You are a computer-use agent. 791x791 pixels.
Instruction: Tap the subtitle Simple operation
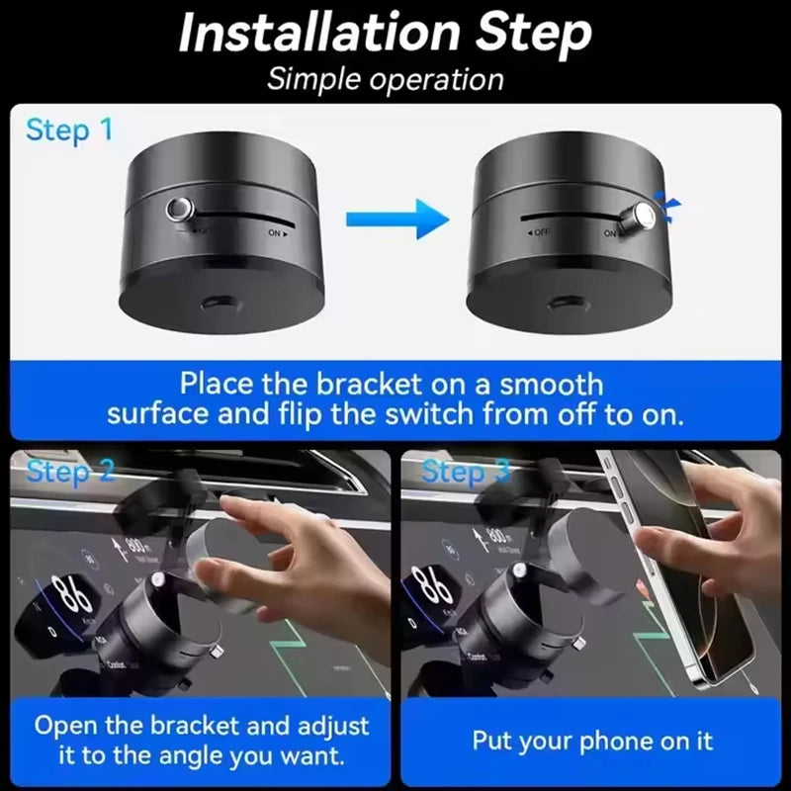[386, 79]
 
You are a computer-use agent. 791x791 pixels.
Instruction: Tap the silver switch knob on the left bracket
[180, 210]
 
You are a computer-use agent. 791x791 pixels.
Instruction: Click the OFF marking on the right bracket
[540, 234]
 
